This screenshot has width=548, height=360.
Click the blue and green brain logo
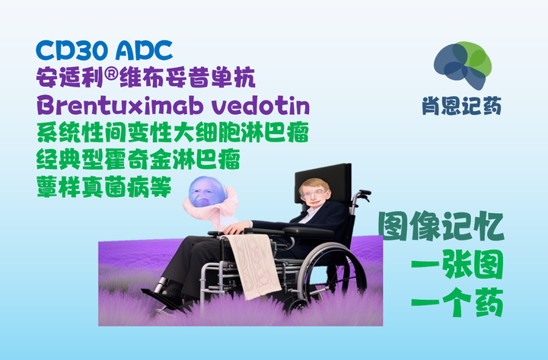point(462,65)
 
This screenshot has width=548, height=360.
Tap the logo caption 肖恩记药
point(462,107)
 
